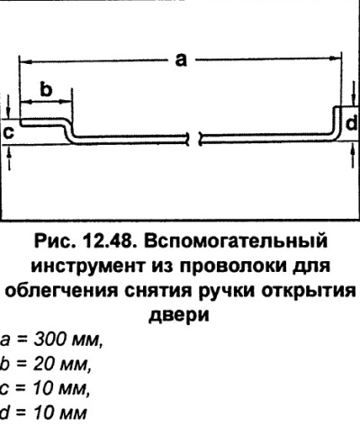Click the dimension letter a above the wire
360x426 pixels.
coord(181,59)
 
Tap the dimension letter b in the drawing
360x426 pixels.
coord(46,89)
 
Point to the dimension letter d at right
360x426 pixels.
coord(351,123)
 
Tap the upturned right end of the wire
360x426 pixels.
coord(337,122)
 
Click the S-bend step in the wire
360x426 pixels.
coord(68,131)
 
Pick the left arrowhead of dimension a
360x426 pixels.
coord(24,62)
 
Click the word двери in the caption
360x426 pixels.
coord(179,316)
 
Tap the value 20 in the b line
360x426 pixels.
coord(44,365)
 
